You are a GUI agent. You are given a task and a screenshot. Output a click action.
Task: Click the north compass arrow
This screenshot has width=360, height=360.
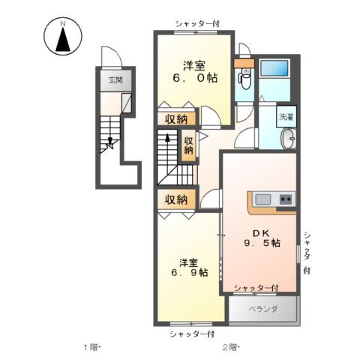pyautogui.click(x=63, y=40)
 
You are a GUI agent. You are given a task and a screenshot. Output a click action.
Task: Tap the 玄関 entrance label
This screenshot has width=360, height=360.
pyautogui.click(x=115, y=80)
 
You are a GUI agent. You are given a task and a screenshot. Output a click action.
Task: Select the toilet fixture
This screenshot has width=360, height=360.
pyautogui.click(x=244, y=78)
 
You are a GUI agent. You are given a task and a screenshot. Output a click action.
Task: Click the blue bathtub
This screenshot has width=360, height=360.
pyautogui.click(x=274, y=68)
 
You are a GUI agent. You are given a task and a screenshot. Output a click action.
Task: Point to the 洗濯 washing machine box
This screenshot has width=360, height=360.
pyautogui.click(x=286, y=116)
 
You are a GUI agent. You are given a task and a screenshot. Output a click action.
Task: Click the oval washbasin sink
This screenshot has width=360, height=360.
pyautogui.click(x=289, y=139)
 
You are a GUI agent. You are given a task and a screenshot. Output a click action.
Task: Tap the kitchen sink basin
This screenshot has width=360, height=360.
pyautogui.click(x=262, y=199)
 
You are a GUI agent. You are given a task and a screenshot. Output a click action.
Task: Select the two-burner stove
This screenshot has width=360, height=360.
pyautogui.click(x=286, y=199)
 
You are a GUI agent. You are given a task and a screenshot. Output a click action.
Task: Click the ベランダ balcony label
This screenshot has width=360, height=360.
pyautogui.click(x=263, y=309)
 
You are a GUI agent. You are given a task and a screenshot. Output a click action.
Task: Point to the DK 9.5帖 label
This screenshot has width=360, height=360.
pyautogui.click(x=262, y=238)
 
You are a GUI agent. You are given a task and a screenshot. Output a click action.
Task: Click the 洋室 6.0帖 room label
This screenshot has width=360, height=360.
pyautogui.click(x=195, y=72)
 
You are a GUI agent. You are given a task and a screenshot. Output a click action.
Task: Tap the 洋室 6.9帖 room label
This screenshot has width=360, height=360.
pyautogui.click(x=189, y=267)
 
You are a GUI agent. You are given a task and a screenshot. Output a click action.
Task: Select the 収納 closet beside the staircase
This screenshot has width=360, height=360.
pyautogui.click(x=188, y=145)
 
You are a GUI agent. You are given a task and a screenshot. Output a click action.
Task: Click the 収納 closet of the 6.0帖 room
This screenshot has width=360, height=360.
pyautogui.click(x=176, y=118)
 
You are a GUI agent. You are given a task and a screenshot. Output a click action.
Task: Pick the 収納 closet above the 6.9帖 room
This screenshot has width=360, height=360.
pyautogui.click(x=176, y=199)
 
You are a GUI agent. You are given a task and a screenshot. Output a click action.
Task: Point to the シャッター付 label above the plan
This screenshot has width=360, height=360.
pyautogui.click(x=197, y=24)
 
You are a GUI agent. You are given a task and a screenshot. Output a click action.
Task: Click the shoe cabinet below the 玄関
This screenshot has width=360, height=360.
pyautogui.click(x=127, y=103)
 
